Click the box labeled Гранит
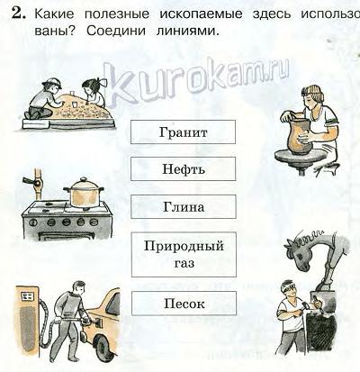click(183, 132)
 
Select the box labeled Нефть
click(183, 169)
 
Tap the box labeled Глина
click(184, 206)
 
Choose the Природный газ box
click(184, 254)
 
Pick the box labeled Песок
click(184, 304)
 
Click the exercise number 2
click(19, 14)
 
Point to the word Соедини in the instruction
click(116, 31)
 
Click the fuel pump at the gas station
click(28, 317)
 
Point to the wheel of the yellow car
click(103, 344)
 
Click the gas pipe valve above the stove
click(36, 182)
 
